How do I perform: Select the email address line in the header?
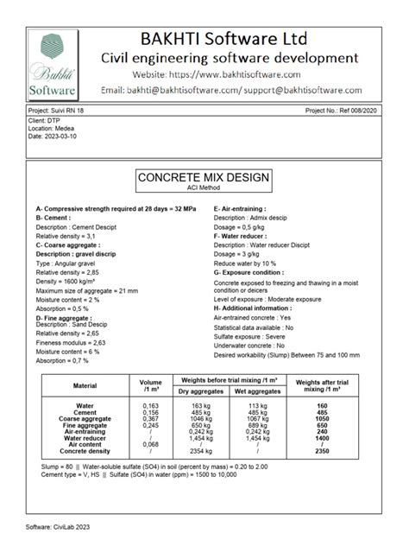coord(242,90)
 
